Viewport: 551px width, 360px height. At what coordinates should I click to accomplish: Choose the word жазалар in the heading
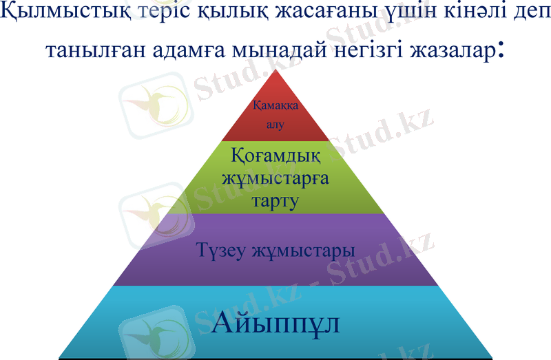[x=450, y=50]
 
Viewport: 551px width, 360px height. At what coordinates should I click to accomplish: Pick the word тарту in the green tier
[x=274, y=201]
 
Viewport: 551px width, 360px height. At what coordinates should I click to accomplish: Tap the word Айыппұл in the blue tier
[x=277, y=323]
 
